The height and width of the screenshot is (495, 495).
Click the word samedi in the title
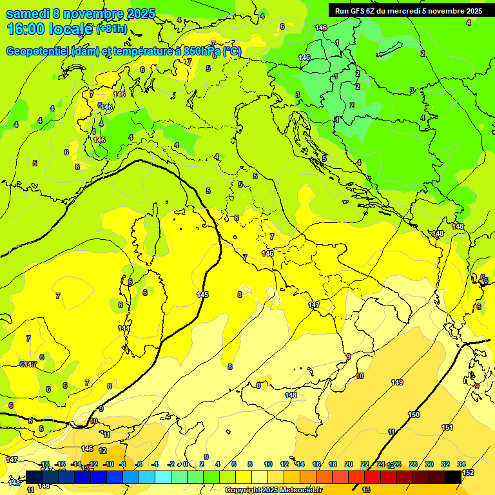[28, 14]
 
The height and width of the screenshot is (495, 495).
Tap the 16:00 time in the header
[24, 29]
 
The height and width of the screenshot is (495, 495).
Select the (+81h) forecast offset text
[112, 30]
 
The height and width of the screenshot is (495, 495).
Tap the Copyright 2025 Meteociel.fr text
[278, 490]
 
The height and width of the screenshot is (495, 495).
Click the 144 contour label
[124, 328]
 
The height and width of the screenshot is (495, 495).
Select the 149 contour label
[397, 382]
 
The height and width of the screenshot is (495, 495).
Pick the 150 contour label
[414, 414]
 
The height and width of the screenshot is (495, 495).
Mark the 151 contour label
[447, 427]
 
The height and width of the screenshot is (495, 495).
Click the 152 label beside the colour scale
[468, 472]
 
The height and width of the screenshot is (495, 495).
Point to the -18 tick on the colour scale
[44, 464]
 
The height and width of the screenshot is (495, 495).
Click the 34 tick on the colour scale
[461, 464]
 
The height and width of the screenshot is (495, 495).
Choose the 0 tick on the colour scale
[186, 464]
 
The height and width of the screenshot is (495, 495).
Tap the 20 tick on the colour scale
[349, 464]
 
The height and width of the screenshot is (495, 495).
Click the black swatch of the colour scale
[453, 477]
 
